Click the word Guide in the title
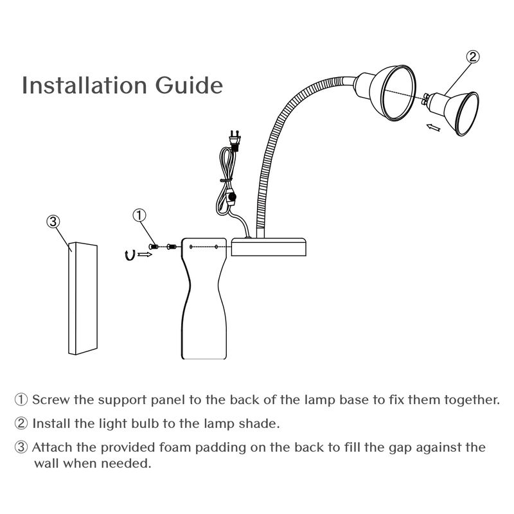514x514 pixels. pyautogui.click(x=189, y=85)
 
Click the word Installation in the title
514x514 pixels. pyautogui.click(x=84, y=85)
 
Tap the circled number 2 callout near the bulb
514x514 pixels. pyautogui.click(x=473, y=57)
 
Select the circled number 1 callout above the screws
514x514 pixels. pyautogui.click(x=139, y=215)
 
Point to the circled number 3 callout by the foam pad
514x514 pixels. pyautogui.click(x=53, y=222)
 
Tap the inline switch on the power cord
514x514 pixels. pyautogui.click(x=232, y=197)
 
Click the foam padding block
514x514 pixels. pyautogui.click(x=83, y=298)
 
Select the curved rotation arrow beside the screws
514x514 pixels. pyautogui.click(x=130, y=255)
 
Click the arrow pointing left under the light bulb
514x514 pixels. pyautogui.click(x=433, y=127)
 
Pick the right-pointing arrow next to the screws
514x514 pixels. pyautogui.click(x=145, y=254)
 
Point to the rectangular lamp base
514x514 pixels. pyautogui.click(x=269, y=247)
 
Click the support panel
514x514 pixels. pyautogui.click(x=204, y=298)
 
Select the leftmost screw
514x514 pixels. pyautogui.click(x=154, y=247)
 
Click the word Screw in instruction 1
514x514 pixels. pyautogui.click(x=51, y=400)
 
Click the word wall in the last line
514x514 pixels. pyautogui.click(x=46, y=463)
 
